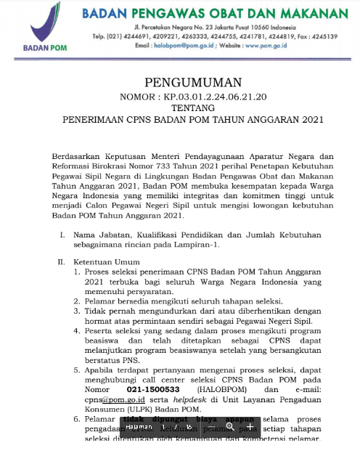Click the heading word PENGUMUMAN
pos(180,81)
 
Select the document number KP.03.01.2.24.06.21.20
pos(205,95)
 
